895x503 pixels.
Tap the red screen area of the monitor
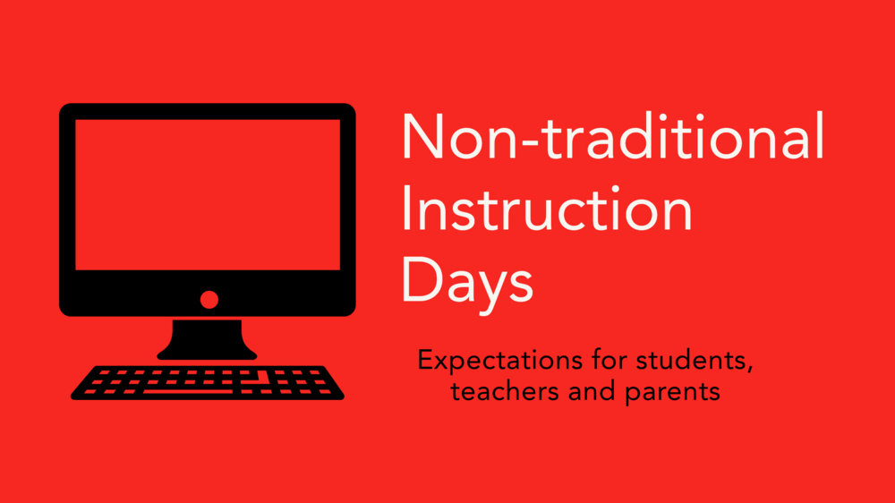(x=207, y=194)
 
